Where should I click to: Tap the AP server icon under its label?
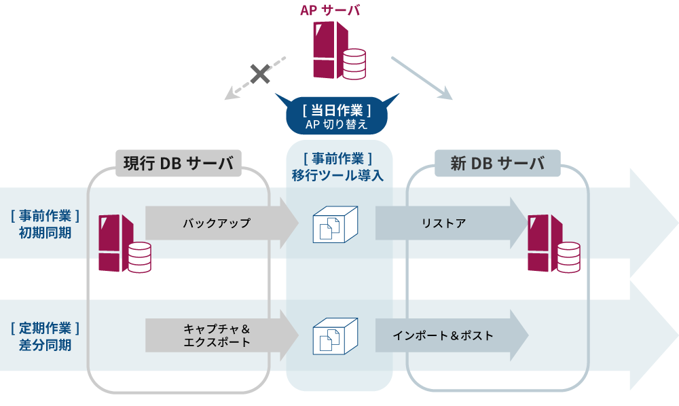[x=337, y=51]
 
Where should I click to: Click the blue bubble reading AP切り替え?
[x=337, y=117]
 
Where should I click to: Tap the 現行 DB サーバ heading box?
[x=178, y=164]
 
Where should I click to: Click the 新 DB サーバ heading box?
[x=497, y=164]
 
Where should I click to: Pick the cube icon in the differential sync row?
[x=334, y=335]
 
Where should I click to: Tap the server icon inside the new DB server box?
[x=553, y=243]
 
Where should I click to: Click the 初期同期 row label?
[x=45, y=232]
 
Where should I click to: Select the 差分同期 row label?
[x=45, y=344]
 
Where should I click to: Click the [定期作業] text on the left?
[x=45, y=328]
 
